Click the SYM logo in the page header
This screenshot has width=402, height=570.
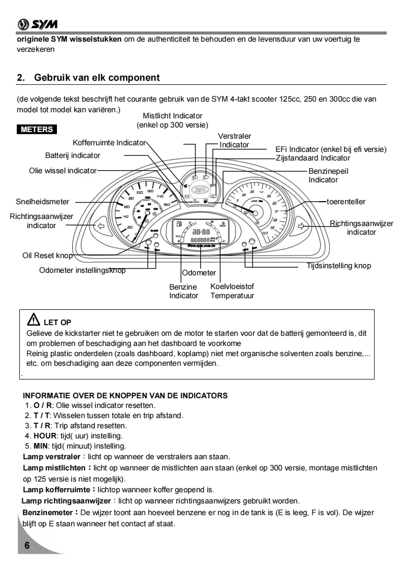(37, 24)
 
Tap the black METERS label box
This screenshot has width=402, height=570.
(37, 130)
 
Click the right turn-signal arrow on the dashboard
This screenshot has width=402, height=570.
(301, 226)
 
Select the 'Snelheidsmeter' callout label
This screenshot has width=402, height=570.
(42, 202)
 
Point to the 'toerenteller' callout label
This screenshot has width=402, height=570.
(347, 202)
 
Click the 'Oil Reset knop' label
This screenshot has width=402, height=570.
(47, 256)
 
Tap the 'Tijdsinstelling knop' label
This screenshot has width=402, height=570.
(338, 266)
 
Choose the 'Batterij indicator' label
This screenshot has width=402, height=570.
(73, 155)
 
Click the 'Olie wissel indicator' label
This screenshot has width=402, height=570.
(63, 171)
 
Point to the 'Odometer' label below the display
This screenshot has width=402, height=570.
(199, 273)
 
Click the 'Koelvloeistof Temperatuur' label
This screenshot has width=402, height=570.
(232, 291)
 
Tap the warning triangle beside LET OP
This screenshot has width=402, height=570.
(33, 320)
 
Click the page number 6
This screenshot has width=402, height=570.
(27, 546)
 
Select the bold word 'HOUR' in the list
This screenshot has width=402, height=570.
(44, 436)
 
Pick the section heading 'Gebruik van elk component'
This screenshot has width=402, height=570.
(97, 78)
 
